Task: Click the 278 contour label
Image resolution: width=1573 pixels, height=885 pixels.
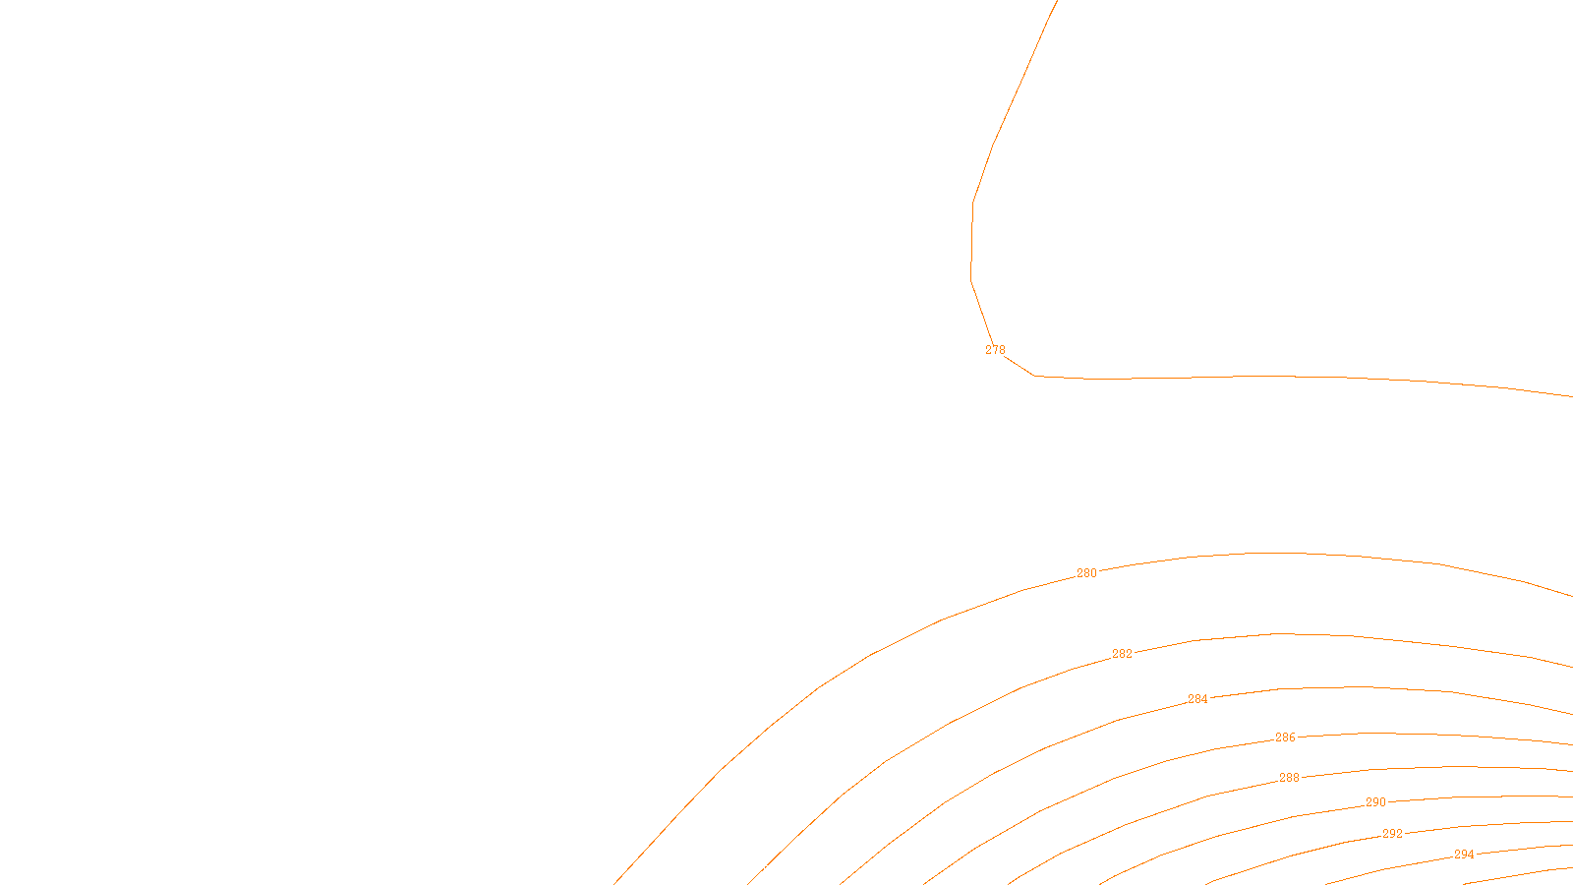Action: tap(995, 350)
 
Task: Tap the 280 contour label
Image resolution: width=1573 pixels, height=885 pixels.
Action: tap(1086, 573)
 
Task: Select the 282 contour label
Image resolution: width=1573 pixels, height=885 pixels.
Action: tap(1122, 654)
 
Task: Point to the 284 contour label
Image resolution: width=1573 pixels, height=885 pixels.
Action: tap(1197, 699)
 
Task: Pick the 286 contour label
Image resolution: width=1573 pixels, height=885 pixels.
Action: tap(1285, 737)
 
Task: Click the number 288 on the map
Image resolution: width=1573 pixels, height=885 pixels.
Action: tap(1289, 778)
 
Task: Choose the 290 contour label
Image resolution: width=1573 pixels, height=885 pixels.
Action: tap(1375, 802)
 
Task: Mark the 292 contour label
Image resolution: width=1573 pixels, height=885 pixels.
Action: tap(1392, 834)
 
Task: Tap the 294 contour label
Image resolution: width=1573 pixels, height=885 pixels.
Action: tap(1464, 855)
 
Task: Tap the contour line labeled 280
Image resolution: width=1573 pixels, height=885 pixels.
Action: tap(1278, 554)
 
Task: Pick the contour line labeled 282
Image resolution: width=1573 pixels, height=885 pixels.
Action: tap(1278, 633)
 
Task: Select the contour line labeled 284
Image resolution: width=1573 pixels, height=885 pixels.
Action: tap(1357, 686)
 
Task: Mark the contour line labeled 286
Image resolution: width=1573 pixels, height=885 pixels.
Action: tap(1376, 733)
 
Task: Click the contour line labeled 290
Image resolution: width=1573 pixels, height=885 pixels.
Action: tap(1475, 797)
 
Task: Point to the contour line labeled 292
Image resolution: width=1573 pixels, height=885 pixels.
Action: tap(1475, 825)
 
